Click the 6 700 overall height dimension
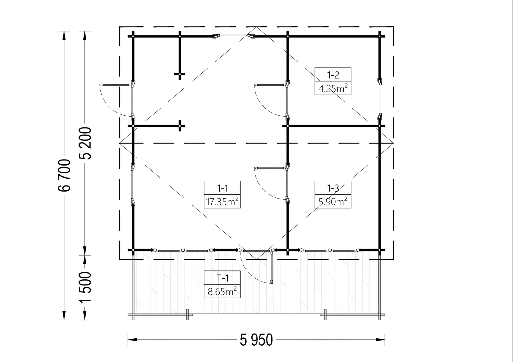click(x=64, y=175)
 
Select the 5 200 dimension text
click(x=85, y=143)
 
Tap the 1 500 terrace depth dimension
click(x=85, y=287)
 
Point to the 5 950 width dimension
click(x=256, y=340)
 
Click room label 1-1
click(x=222, y=188)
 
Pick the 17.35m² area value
click(x=222, y=202)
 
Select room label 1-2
click(x=333, y=75)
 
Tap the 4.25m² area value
click(x=333, y=88)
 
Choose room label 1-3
click(x=333, y=188)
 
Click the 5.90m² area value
click(x=333, y=202)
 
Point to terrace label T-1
click(x=222, y=278)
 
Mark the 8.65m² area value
click(x=222, y=292)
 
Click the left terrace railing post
click(x=187, y=314)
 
